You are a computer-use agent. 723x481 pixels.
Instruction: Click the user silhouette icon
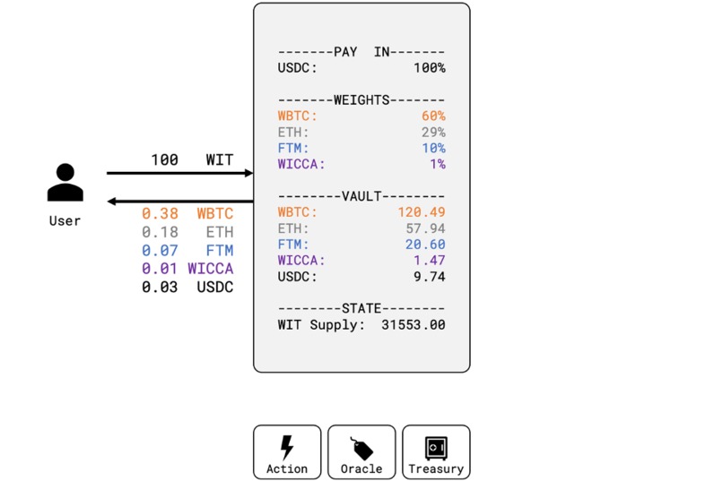coord(65,183)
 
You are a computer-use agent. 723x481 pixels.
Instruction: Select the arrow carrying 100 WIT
coord(179,173)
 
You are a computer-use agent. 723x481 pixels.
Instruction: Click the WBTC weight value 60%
coord(433,116)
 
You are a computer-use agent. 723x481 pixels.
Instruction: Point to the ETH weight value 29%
coord(433,133)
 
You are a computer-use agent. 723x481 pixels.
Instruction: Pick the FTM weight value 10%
coord(433,149)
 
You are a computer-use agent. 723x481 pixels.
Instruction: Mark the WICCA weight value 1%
coord(437,165)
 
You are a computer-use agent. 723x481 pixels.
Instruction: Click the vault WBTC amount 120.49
coord(422,212)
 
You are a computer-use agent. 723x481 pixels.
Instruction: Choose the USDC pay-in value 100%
coord(429,68)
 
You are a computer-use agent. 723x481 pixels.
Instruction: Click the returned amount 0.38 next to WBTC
coord(160,214)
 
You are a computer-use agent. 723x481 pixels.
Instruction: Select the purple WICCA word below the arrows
coord(210,269)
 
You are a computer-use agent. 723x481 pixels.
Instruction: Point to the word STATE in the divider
coord(361,309)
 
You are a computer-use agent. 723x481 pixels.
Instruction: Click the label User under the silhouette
coord(65,220)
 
